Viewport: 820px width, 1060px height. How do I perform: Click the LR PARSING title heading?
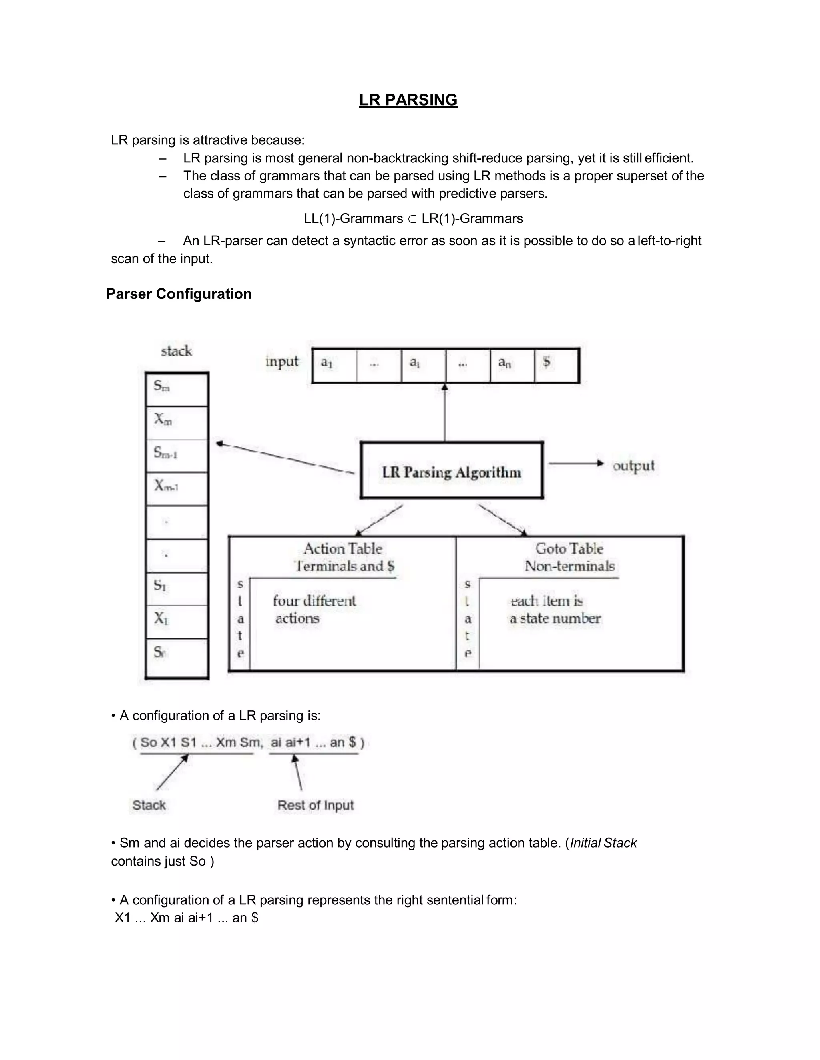[x=408, y=100]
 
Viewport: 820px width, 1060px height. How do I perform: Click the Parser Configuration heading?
[x=179, y=294]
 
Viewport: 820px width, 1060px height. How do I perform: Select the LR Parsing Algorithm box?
[x=451, y=471]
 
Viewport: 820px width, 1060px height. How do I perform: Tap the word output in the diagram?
[x=633, y=466]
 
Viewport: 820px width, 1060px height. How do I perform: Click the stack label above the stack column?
[x=176, y=351]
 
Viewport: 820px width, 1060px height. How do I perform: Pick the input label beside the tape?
[x=282, y=362]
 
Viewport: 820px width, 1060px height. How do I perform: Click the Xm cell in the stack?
[x=177, y=423]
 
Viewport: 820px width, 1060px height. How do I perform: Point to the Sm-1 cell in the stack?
[x=177, y=455]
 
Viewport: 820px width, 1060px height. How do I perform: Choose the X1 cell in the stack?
[x=177, y=621]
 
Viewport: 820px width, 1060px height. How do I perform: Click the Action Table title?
[x=343, y=549]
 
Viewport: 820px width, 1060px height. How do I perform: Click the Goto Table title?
[x=569, y=549]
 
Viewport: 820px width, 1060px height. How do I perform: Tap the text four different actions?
[x=314, y=610]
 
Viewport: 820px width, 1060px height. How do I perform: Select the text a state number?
[x=555, y=619]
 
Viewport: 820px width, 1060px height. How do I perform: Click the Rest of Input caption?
[x=316, y=805]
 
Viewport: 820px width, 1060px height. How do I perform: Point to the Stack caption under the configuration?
[x=149, y=805]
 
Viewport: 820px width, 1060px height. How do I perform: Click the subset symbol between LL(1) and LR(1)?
[x=412, y=219]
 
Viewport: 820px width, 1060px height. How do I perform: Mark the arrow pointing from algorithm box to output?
[x=576, y=464]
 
